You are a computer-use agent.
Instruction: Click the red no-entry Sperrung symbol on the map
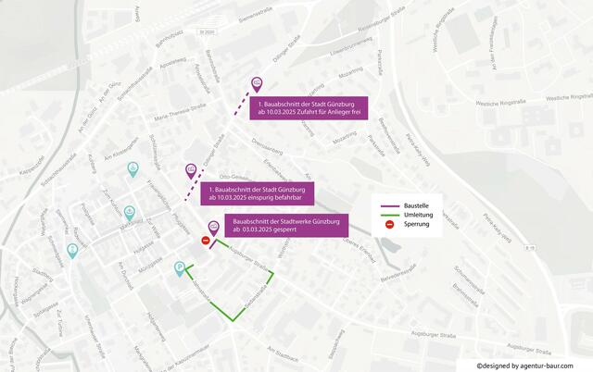click(x=206, y=241)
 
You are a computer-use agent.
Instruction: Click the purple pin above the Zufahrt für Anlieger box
click(x=258, y=82)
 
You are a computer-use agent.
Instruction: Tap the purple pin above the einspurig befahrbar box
click(x=191, y=170)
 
